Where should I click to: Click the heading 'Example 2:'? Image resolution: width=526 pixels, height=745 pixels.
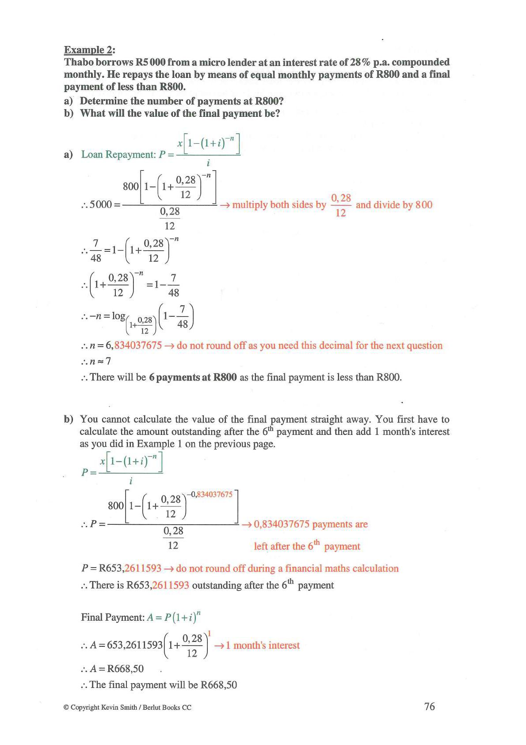coord(89,50)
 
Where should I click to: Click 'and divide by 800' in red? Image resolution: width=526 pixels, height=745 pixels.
coord(394,205)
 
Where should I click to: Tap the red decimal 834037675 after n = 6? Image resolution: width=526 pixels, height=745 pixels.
coord(138,346)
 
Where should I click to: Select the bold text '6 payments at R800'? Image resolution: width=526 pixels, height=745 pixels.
coord(193,377)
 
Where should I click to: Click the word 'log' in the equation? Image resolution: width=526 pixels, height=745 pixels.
coord(118,316)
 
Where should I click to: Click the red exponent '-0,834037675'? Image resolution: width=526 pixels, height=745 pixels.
coord(210,494)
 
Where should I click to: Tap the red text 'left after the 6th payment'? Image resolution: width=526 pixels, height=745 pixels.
coord(307,546)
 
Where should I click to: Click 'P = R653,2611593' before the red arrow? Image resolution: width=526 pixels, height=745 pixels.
coord(121,568)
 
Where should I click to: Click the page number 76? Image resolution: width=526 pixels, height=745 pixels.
coord(429,707)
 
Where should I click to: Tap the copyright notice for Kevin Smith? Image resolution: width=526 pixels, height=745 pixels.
coord(127,707)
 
